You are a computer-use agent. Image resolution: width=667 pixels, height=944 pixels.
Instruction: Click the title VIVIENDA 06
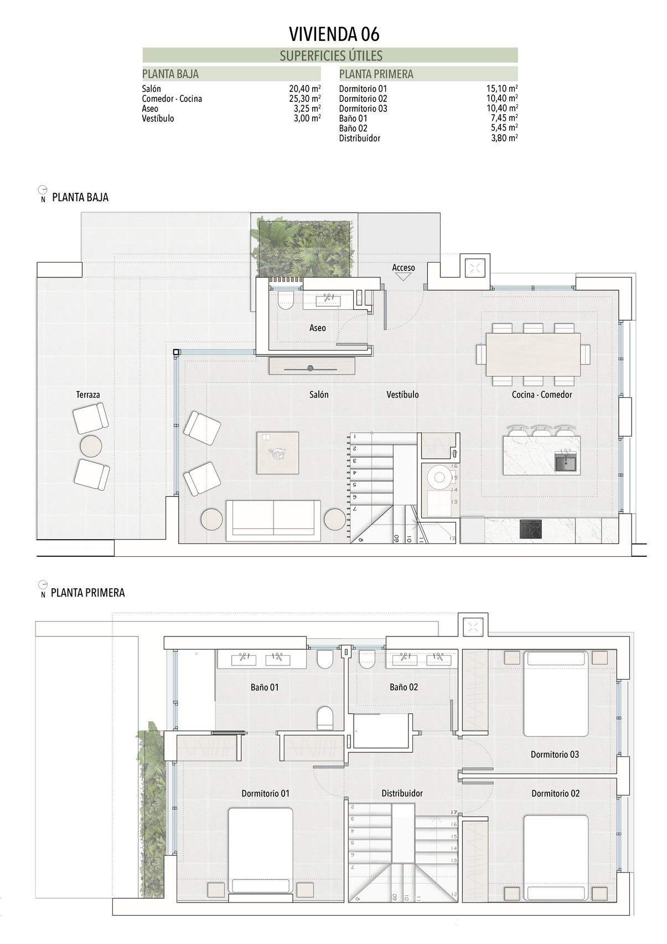334,34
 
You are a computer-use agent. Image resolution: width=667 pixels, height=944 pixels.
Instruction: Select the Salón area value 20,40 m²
304,89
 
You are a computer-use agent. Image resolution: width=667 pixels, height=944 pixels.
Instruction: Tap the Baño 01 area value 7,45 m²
504,118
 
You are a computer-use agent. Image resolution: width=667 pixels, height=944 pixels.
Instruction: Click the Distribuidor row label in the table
359,138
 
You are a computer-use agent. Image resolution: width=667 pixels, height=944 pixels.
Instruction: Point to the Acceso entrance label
403,268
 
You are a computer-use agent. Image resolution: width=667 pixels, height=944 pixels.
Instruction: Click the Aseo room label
317,328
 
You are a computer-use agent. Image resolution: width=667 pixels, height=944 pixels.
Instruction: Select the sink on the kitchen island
566,461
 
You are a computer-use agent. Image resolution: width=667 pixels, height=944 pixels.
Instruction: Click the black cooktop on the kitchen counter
530,529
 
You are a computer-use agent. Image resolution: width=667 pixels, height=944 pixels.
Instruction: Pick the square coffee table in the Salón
277,453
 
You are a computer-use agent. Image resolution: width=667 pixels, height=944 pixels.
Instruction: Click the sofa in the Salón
273,520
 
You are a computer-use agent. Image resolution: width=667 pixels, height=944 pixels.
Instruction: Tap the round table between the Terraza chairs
91,445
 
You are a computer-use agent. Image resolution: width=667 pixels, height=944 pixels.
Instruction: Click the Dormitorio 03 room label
554,755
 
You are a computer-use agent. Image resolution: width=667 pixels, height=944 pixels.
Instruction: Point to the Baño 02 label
404,687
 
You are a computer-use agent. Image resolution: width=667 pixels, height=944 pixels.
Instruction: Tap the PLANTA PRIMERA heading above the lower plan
87,593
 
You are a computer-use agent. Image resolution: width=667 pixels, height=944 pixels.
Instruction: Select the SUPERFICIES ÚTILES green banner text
330,55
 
